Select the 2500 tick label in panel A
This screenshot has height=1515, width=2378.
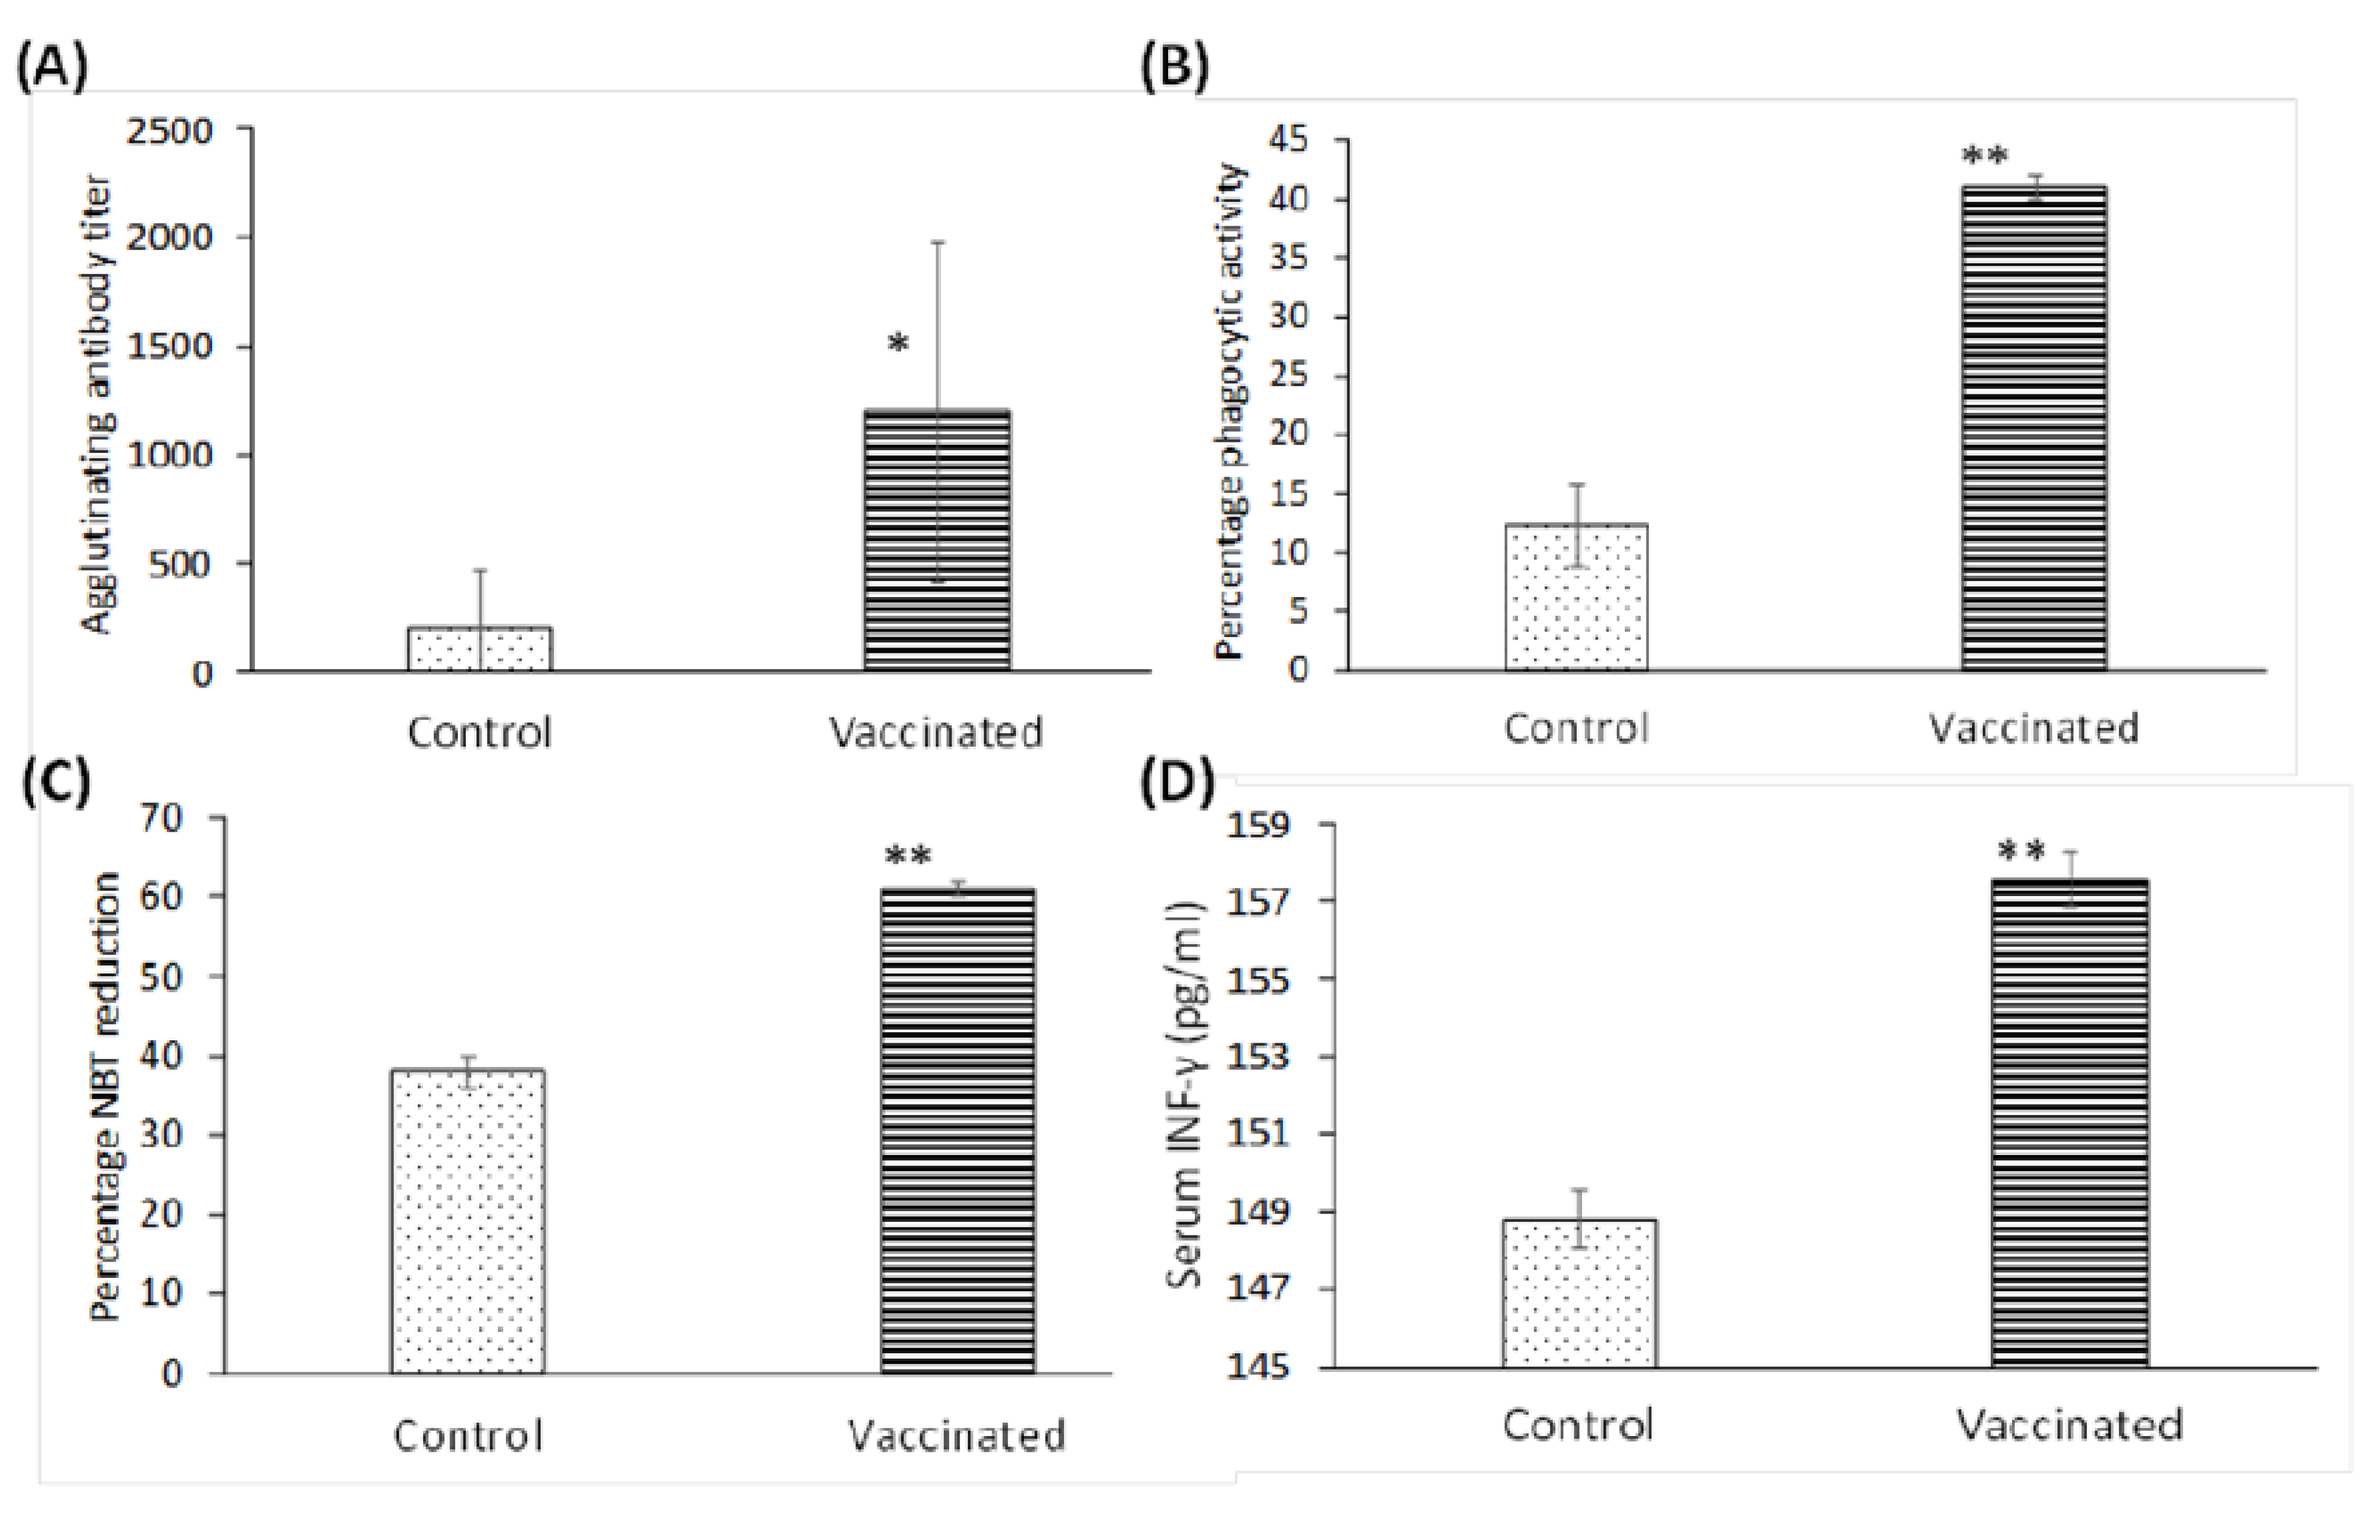click(x=169, y=131)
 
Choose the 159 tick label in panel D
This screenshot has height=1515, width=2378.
click(x=1257, y=824)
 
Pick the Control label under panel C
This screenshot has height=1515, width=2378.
click(x=468, y=1435)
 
